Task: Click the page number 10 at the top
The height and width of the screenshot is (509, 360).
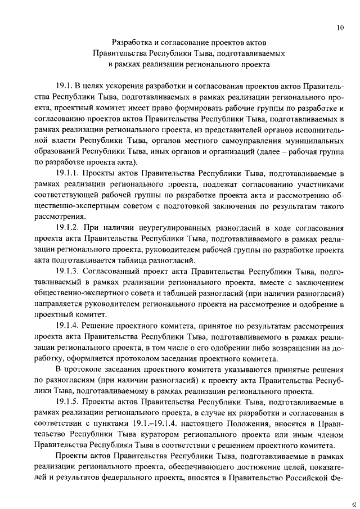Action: [x=340, y=26]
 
